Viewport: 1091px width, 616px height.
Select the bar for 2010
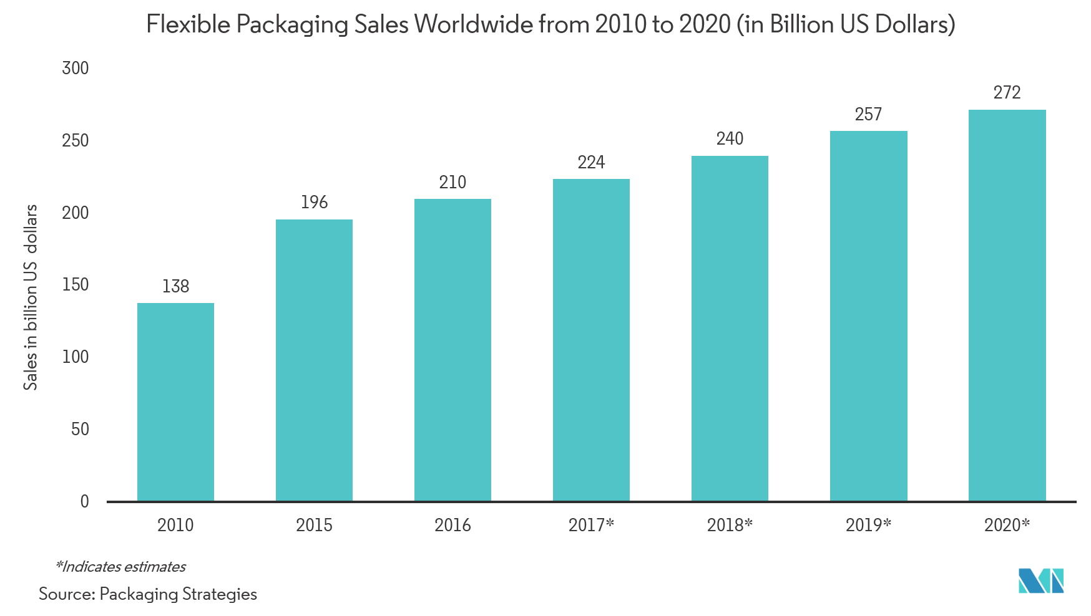point(175,402)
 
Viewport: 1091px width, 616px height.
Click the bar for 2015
point(314,360)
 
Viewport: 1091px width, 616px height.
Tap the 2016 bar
point(453,350)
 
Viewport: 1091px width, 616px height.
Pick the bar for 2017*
point(591,340)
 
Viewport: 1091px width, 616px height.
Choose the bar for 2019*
point(868,316)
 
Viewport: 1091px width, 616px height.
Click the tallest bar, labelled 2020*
point(1007,306)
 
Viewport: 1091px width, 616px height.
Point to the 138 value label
point(175,286)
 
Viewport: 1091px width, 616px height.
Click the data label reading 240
point(730,138)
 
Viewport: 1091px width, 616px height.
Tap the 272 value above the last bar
point(1007,93)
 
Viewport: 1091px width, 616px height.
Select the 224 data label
point(591,163)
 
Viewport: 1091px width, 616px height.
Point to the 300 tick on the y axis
point(76,68)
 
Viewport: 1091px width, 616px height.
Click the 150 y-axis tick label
point(76,285)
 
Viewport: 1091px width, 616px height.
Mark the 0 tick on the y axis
point(84,501)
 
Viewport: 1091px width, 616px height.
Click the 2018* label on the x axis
point(730,525)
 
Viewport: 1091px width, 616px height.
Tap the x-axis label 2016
point(453,525)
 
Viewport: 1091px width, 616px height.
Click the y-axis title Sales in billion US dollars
point(31,297)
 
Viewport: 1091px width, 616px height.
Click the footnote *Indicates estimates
point(120,567)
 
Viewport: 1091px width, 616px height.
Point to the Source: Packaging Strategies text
point(148,594)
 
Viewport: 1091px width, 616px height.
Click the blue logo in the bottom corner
point(1040,580)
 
